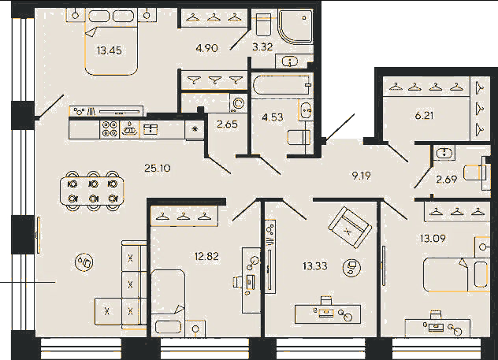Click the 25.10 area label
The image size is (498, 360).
[158, 168]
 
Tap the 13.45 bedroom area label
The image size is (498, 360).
[110, 50]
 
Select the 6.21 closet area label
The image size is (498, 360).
[424, 116]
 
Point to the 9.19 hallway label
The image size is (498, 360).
[361, 175]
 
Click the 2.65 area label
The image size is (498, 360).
[227, 124]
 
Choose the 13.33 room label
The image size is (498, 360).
[315, 265]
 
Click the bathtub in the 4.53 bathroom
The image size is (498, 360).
[281, 85]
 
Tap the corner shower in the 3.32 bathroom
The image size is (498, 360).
[295, 26]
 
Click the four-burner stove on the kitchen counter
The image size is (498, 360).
[110, 129]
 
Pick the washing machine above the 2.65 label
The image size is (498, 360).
[238, 103]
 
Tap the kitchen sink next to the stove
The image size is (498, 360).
[129, 129]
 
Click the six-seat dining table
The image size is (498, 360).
[92, 191]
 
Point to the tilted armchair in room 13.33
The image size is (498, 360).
[350, 227]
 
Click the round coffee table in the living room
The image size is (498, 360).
[84, 262]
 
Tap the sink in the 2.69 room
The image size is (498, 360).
[444, 153]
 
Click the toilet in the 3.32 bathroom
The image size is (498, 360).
[264, 24]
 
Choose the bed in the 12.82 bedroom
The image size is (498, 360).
[168, 302]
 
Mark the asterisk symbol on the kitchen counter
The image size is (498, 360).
[195, 129]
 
